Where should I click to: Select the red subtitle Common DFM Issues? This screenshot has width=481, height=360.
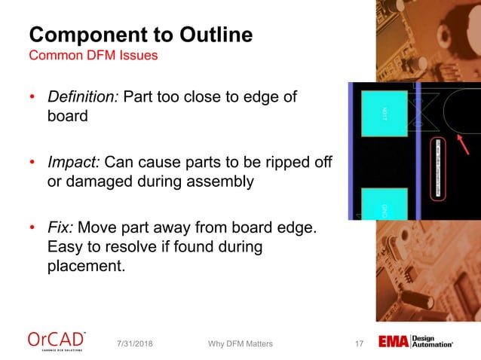coord(93,56)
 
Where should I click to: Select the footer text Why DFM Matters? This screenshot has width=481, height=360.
coord(240,344)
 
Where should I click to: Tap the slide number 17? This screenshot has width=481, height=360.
coord(359,344)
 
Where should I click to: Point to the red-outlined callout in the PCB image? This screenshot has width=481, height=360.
coord(438,169)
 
